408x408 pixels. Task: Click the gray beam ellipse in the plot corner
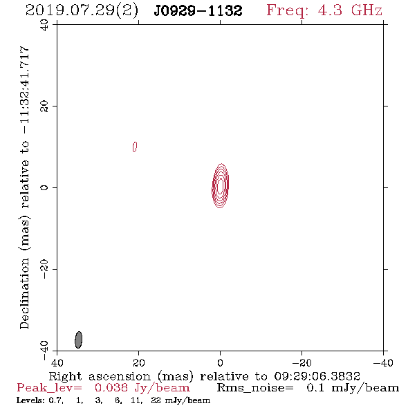tap(78, 340)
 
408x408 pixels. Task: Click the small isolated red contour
tap(135, 147)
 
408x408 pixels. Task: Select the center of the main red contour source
tap(221, 186)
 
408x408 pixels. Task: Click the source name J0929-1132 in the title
tap(198, 10)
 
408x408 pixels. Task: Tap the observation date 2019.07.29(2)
tap(82, 11)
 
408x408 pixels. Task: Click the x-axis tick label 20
tap(138, 362)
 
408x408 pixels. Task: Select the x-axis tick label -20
tap(302, 362)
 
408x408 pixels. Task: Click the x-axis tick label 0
tap(220, 362)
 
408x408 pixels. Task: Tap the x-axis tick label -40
tap(383, 362)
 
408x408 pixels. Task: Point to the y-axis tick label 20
tap(44, 106)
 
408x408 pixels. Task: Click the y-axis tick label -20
tap(44, 269)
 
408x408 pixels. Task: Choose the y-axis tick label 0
tap(44, 187)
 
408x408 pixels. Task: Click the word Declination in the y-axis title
tap(24, 293)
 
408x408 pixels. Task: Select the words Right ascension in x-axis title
tap(100, 376)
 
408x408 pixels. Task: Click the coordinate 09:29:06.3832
tap(317, 376)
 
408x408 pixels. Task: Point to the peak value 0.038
tap(111, 388)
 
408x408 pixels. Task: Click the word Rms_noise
tap(255, 388)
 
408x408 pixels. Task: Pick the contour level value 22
tap(156, 400)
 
